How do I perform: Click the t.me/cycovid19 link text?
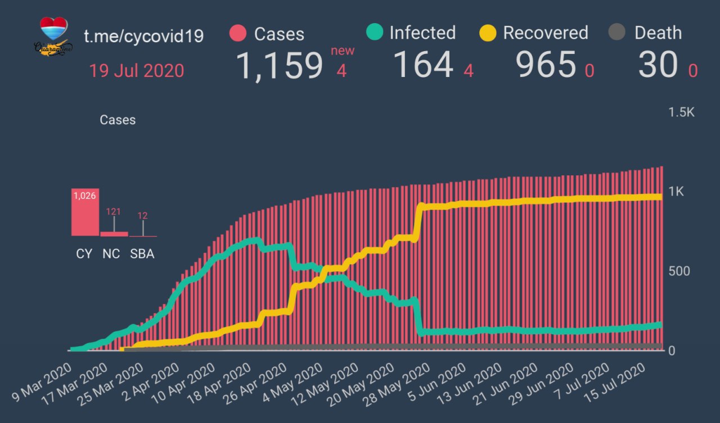(143, 36)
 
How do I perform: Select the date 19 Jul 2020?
(137, 71)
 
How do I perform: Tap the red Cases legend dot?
(238, 33)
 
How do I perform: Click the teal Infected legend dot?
(374, 33)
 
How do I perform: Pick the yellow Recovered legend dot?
(488, 33)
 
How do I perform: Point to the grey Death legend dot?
(617, 33)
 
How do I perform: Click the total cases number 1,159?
(279, 65)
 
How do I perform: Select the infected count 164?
(422, 65)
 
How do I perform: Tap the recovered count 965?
(546, 65)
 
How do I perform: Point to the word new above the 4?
(343, 51)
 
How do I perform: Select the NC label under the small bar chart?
(111, 253)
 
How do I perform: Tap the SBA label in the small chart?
(142, 253)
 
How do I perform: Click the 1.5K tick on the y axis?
(681, 112)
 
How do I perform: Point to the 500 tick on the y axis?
(678, 271)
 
